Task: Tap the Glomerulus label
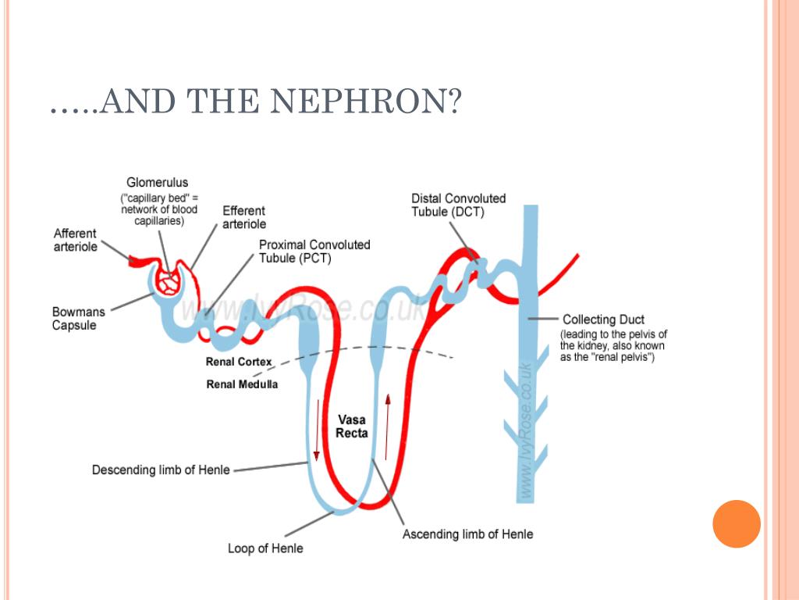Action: (157, 183)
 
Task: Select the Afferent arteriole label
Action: (76, 240)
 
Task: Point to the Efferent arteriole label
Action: (243, 217)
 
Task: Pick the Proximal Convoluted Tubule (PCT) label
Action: (314, 252)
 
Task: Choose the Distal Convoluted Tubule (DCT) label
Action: (458, 205)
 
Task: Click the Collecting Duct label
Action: (603, 319)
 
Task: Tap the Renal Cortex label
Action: (239, 362)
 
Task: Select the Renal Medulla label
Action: (242, 384)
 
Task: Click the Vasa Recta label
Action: (351, 427)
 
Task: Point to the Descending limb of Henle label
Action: (161, 470)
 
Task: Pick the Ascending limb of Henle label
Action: (467, 534)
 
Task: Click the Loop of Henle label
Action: (265, 548)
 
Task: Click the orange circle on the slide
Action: (736, 523)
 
